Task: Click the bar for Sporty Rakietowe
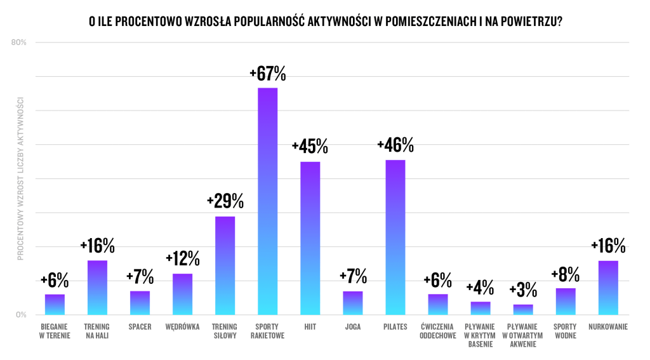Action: pyautogui.click(x=267, y=201)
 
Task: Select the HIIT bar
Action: pyautogui.click(x=310, y=238)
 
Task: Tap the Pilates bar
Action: pyautogui.click(x=395, y=237)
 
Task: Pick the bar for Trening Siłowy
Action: pyautogui.click(x=225, y=265)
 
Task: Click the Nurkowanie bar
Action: pyautogui.click(x=608, y=288)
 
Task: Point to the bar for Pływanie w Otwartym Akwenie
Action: pyautogui.click(x=523, y=310)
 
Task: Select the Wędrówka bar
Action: pyautogui.click(x=182, y=294)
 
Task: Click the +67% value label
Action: pyautogui.click(x=267, y=74)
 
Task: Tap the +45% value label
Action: pyautogui.click(x=310, y=147)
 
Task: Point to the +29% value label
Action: pyautogui.click(x=225, y=202)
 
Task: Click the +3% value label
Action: pyautogui.click(x=523, y=291)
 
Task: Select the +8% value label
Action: pyautogui.click(x=566, y=274)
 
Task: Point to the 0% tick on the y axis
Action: pyautogui.click(x=21, y=315)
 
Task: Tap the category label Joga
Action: pyautogui.click(x=353, y=327)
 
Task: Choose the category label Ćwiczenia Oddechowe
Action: pyautogui.click(x=438, y=331)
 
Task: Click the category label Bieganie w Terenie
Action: pyautogui.click(x=55, y=331)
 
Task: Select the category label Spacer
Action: pyautogui.click(x=140, y=327)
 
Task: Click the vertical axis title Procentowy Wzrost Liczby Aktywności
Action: pyautogui.click(x=20, y=178)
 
